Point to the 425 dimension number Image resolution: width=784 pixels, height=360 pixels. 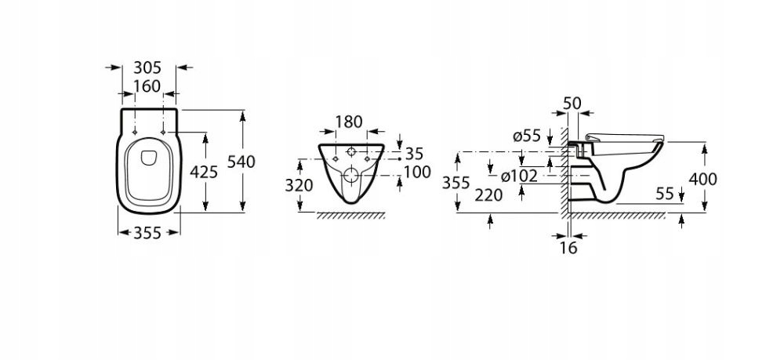coord(204,172)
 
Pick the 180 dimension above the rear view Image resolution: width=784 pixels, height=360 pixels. coord(349,122)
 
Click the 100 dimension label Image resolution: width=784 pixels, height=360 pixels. coord(416,171)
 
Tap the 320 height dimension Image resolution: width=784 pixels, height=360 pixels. coord(299,185)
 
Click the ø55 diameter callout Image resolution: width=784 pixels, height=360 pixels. coord(528,136)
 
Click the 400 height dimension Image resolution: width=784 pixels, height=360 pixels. coord(702,179)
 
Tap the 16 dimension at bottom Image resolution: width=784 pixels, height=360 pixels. coord(569,249)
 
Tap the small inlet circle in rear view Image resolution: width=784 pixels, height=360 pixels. coord(351,151)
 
